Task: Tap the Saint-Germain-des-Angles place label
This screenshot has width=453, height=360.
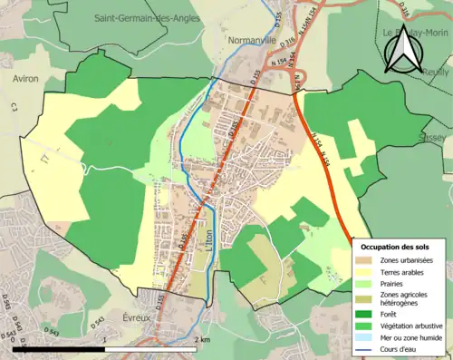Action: (x=137, y=17)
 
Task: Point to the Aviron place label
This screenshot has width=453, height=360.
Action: (x=25, y=79)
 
